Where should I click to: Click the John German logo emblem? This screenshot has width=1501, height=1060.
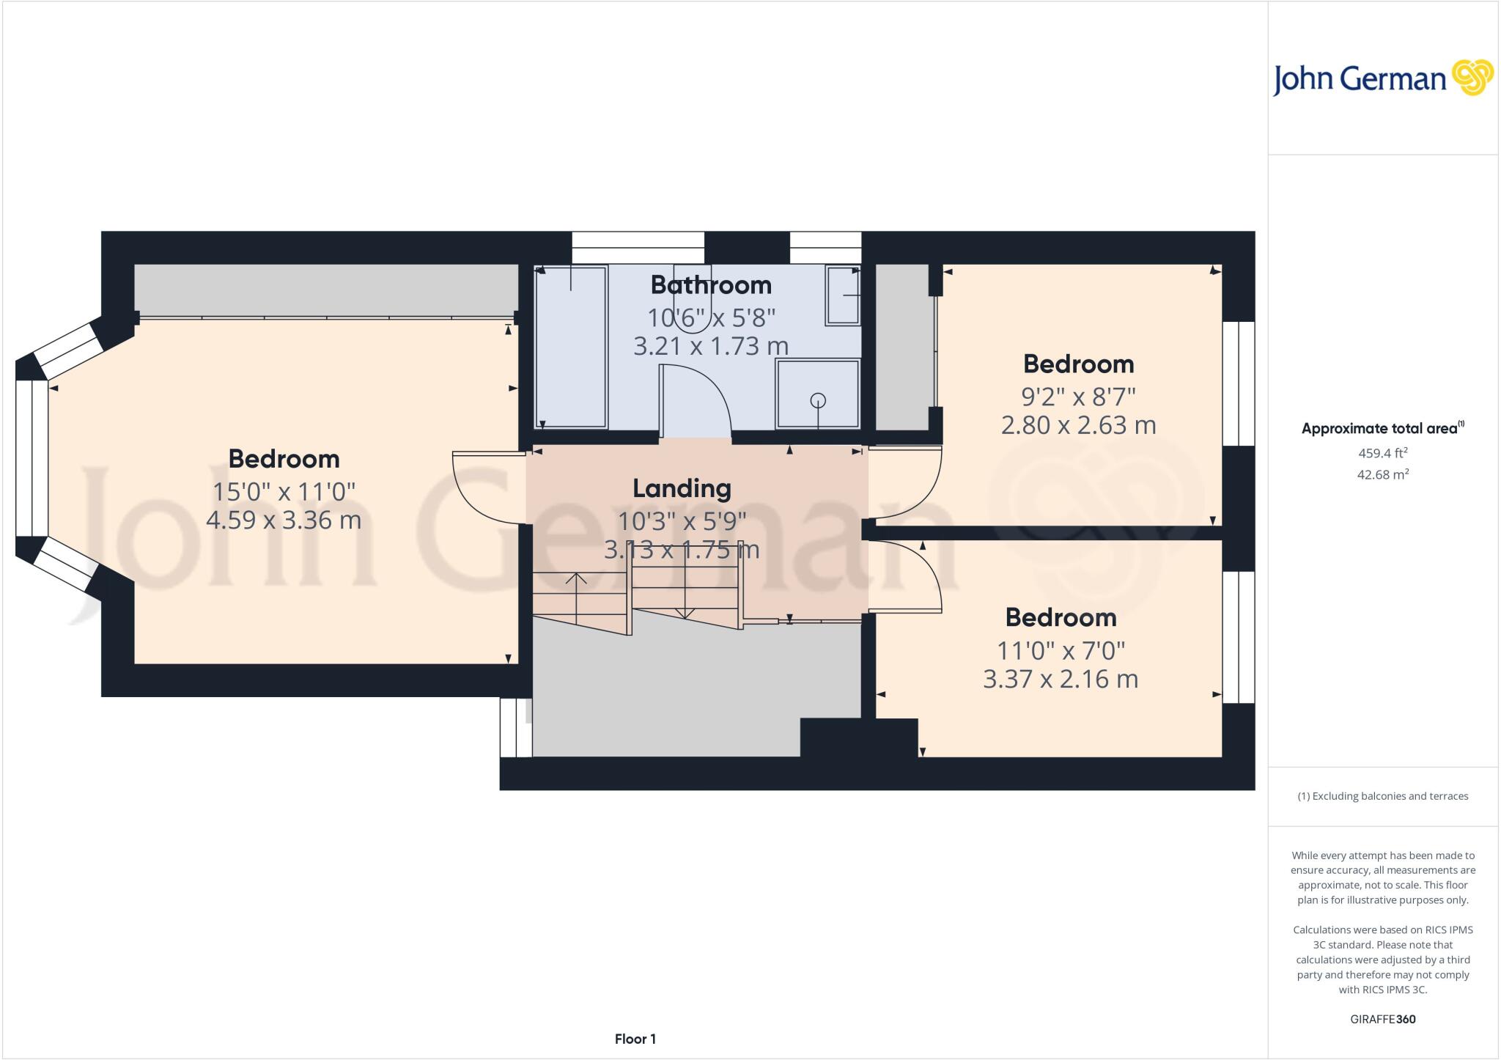1472,78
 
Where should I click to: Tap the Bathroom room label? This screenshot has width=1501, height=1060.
710,284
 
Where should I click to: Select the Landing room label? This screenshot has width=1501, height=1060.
682,488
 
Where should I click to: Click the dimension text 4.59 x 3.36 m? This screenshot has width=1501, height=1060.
284,520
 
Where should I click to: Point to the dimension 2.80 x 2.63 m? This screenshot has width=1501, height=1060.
1078,425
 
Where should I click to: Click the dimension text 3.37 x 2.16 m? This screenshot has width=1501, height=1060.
1060,679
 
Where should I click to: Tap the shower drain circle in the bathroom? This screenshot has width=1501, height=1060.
818,400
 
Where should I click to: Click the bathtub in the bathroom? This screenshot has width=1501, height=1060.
571,347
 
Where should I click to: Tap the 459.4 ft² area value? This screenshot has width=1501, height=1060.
1382,453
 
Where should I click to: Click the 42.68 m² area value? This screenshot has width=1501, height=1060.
1382,474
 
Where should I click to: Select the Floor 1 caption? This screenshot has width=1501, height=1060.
635,1039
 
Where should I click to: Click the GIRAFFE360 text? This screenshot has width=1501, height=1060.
1382,1019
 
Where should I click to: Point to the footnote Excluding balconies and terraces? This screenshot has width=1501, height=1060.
1382,796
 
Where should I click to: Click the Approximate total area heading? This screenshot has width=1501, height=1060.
1380,429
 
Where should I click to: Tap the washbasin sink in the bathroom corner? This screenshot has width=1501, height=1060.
842,295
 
